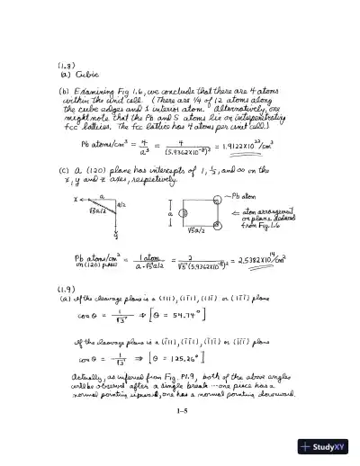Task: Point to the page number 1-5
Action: (x=180, y=410)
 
